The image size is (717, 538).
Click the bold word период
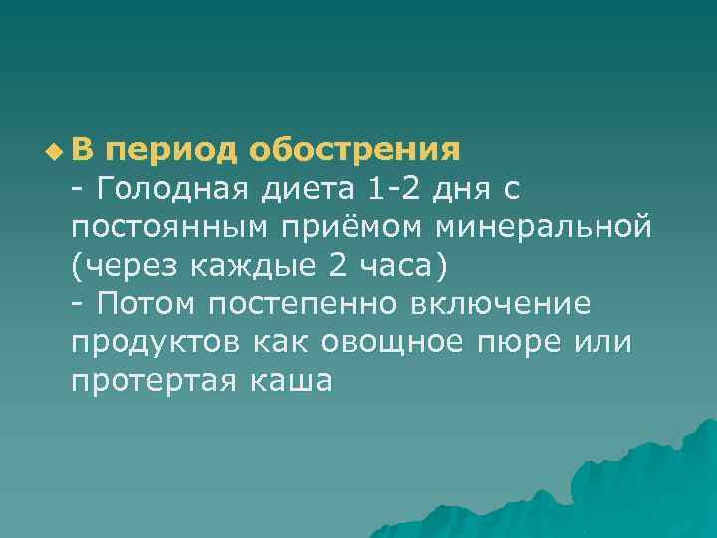point(169,151)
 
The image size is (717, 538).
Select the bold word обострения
point(355,151)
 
